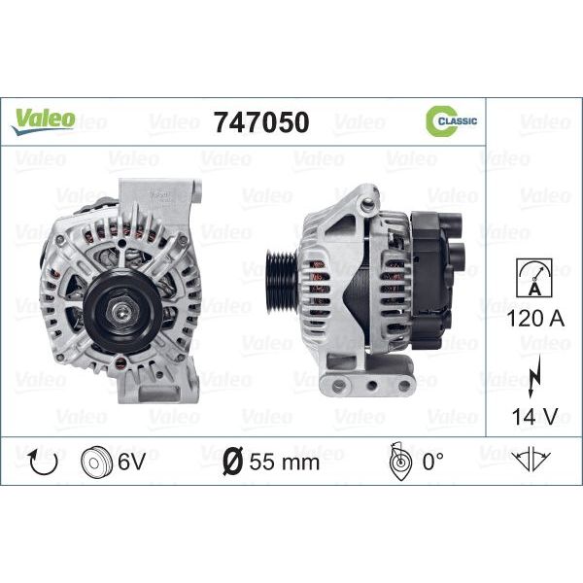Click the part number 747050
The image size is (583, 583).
[x=260, y=122]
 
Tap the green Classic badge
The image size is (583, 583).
[x=451, y=120]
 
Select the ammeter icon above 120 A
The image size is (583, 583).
[x=533, y=278]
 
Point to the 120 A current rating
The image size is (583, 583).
[x=535, y=319]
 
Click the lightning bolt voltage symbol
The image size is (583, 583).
[x=533, y=376]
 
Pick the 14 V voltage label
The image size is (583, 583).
[x=534, y=416]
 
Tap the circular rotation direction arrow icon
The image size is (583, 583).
[x=44, y=462]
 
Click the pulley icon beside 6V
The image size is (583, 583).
[x=96, y=462]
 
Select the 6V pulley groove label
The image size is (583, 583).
[x=131, y=462]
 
